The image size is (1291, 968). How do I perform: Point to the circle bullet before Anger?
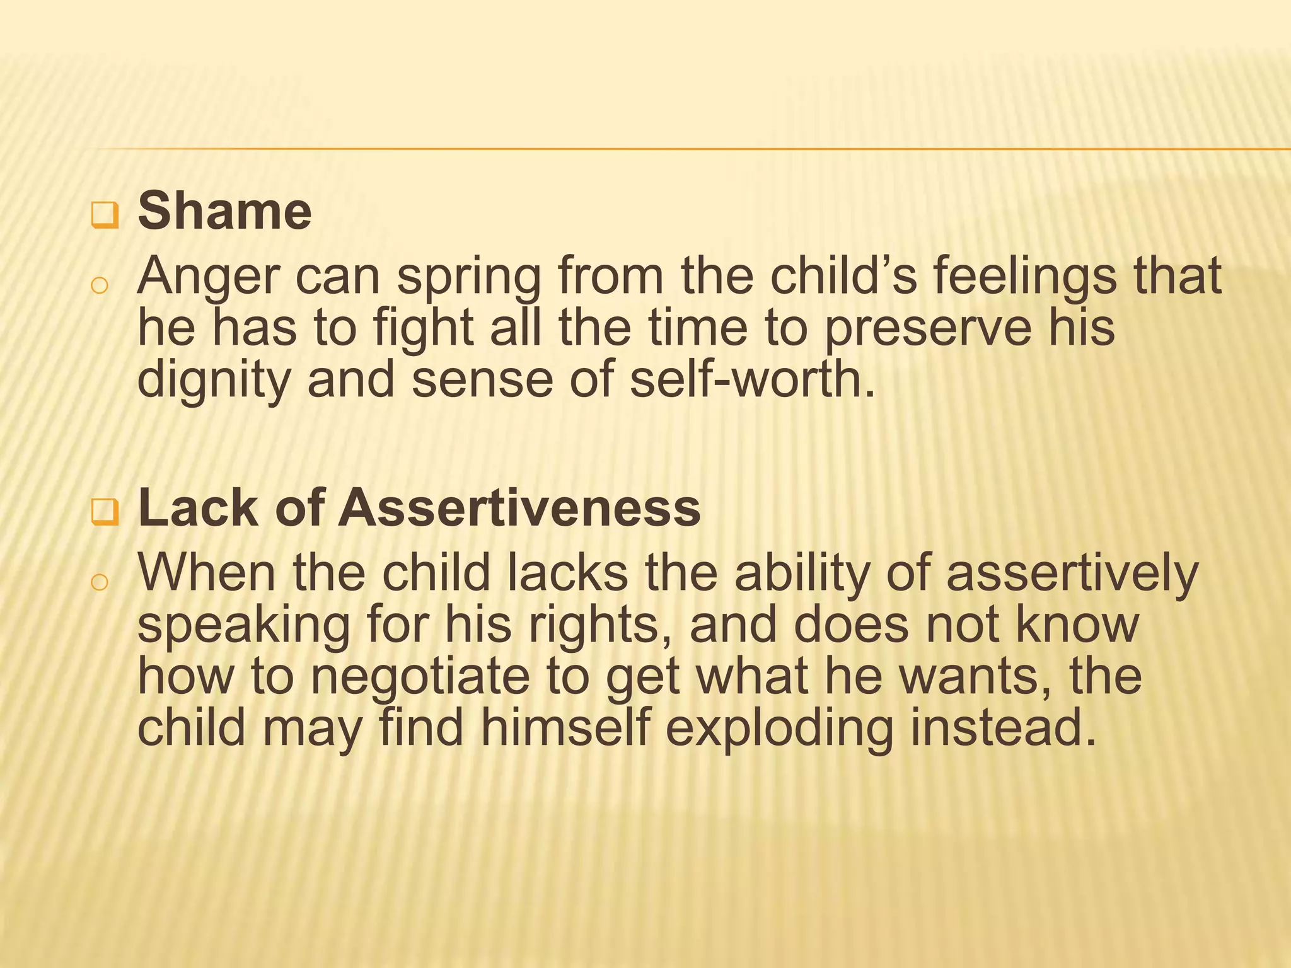click(99, 285)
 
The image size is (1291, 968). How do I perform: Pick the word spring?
click(468, 277)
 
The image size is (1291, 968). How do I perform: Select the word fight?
click(423, 329)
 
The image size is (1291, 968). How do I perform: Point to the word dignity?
click(214, 381)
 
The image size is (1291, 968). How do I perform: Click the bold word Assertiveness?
click(519, 508)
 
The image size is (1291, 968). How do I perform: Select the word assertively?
click(1072, 574)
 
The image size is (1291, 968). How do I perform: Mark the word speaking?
click(243, 626)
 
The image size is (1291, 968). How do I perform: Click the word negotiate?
click(420, 677)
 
